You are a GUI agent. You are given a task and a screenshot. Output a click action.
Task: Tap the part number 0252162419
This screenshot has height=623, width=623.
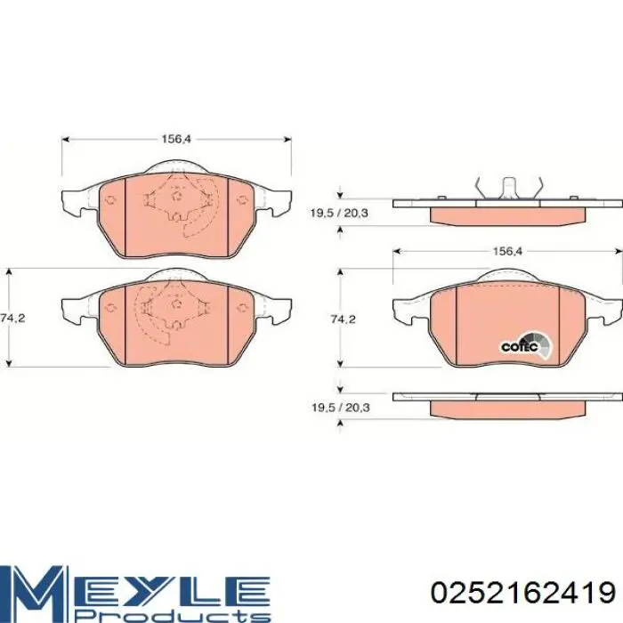point(523,594)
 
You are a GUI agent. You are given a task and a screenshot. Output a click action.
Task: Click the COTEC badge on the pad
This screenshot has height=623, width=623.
point(525,345)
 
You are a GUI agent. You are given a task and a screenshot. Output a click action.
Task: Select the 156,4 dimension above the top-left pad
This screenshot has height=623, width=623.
point(176,139)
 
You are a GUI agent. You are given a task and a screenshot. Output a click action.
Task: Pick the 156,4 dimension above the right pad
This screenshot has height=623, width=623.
point(507,251)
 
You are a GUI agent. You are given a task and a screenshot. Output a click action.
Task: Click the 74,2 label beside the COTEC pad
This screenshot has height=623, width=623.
point(344,319)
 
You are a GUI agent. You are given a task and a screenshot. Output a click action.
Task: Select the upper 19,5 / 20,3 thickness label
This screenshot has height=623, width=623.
point(339,214)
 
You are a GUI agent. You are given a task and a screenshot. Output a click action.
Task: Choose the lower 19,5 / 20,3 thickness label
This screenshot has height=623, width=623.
point(341,408)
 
